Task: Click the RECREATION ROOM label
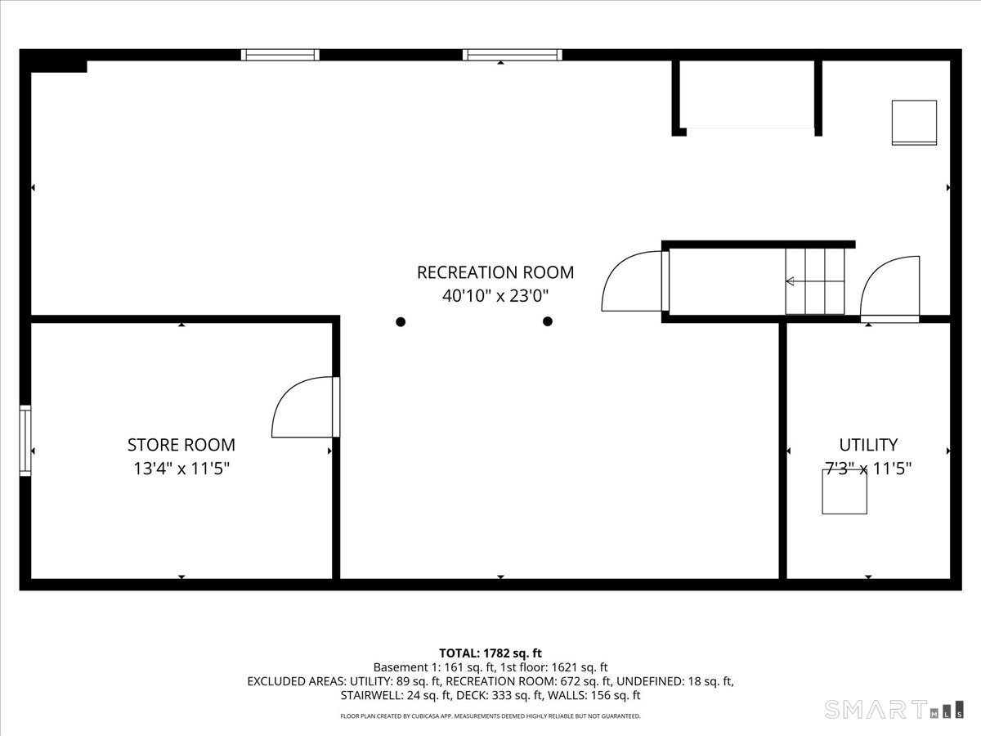coord(495,272)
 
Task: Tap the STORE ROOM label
coord(181,445)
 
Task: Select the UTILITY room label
coord(868,445)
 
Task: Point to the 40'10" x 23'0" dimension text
coord(495,296)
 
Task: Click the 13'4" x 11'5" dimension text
coord(181,469)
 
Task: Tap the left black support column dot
coord(401,321)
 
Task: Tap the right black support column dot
coord(548,321)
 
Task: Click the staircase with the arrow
coord(814,281)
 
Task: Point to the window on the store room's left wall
coord(25,440)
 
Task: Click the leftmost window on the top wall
coord(280,55)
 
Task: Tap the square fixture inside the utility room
coord(844,492)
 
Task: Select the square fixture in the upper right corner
coord(914,123)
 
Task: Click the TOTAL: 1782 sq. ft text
coord(490,653)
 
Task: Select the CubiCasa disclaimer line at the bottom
coord(490,716)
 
